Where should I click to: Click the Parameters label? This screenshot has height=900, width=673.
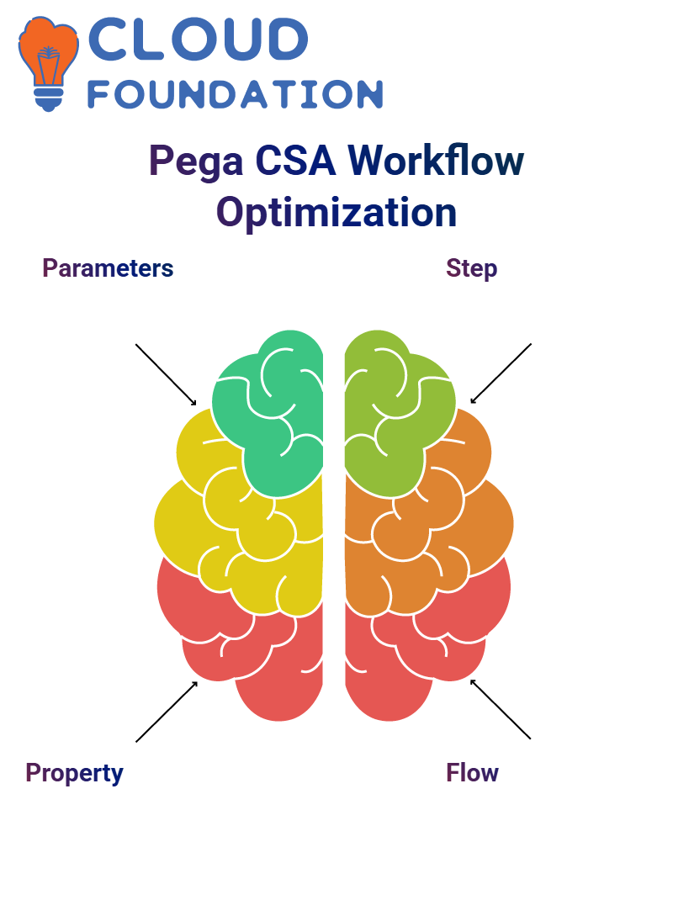(108, 268)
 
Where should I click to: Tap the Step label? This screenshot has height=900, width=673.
(471, 269)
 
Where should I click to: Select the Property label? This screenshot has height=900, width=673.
(74, 774)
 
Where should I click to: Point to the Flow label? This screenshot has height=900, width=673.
(472, 773)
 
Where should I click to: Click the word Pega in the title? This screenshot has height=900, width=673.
(196, 161)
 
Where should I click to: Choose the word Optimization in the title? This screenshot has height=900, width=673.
(336, 213)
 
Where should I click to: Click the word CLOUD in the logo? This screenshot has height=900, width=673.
(198, 39)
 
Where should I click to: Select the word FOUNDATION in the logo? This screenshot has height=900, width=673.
(235, 94)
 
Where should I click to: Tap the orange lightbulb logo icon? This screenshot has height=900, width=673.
(48, 63)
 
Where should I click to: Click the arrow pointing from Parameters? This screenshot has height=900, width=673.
(166, 375)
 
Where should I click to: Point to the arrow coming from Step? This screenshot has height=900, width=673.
(501, 373)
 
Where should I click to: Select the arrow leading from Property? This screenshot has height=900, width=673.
(167, 712)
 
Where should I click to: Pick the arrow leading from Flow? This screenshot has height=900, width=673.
(501, 709)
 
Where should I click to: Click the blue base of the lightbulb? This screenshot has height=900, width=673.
(49, 99)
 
